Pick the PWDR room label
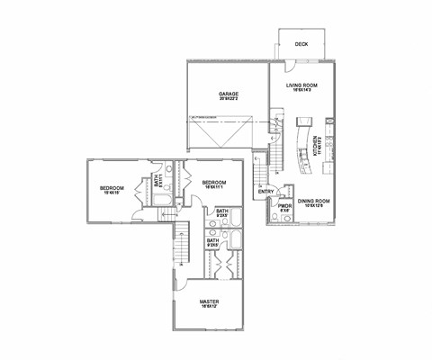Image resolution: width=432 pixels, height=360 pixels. pos(285,205)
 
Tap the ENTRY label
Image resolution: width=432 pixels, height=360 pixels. pos(265,191)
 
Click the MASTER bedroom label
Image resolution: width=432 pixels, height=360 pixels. pos(209,301)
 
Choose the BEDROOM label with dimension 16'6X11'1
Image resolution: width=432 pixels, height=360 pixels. pos(214,182)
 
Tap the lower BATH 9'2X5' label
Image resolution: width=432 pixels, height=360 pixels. pos(213,240)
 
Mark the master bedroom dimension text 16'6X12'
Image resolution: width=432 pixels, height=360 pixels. pos(209,308)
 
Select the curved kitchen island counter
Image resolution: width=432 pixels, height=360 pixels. pos(298,144)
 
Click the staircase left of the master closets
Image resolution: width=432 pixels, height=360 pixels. pos(182,243)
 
